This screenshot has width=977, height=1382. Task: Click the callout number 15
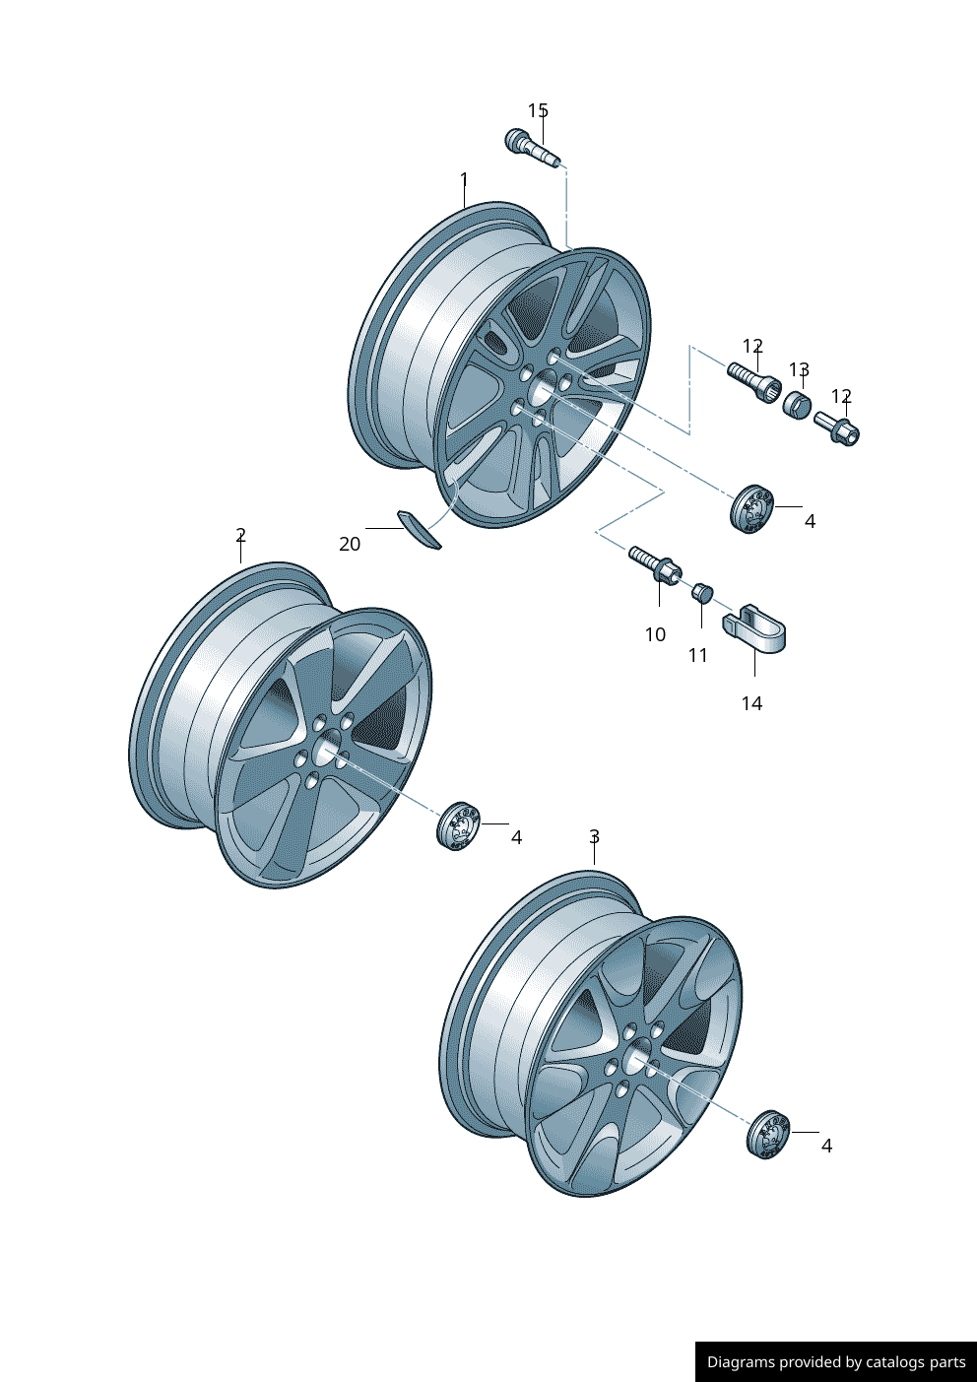(x=538, y=110)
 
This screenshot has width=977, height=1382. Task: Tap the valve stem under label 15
(x=530, y=148)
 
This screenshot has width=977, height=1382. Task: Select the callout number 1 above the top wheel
(x=464, y=180)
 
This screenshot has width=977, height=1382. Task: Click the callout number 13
(x=799, y=369)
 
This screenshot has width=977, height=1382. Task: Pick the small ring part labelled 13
(x=796, y=404)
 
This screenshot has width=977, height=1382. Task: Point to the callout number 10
(x=655, y=634)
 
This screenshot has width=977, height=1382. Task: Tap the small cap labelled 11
(x=701, y=592)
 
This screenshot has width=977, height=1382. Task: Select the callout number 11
(x=697, y=655)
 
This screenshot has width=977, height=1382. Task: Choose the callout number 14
(x=751, y=703)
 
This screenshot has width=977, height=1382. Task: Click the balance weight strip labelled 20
(x=419, y=529)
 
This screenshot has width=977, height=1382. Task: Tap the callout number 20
(x=350, y=544)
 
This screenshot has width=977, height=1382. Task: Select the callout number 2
(x=240, y=535)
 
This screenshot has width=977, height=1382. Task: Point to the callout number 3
(x=594, y=836)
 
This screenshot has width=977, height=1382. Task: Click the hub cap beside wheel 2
(x=457, y=825)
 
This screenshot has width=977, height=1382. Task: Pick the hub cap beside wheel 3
(x=769, y=1134)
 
